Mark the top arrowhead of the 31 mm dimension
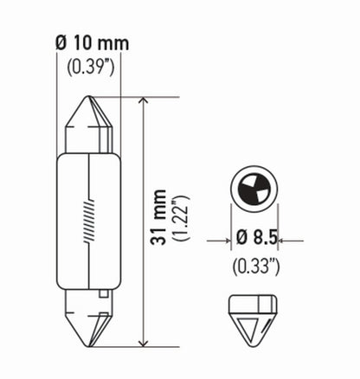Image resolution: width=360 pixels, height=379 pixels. pos(143,102)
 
